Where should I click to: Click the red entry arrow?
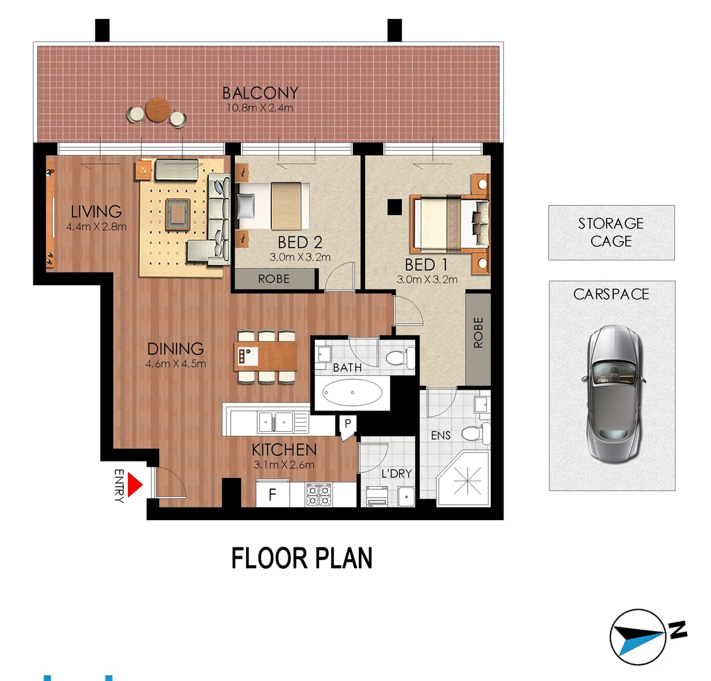(134, 485)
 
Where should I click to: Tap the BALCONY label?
(260, 93)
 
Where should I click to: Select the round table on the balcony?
(158, 110)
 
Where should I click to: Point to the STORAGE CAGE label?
(611, 232)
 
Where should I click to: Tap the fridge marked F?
(273, 494)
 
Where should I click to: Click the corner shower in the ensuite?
(466, 480)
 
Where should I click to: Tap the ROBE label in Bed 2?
(274, 279)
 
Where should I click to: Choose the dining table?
(266, 357)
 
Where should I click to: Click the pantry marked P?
(347, 424)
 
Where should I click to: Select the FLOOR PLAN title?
(302, 559)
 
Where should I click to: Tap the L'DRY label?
(396, 473)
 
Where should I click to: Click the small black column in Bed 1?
(395, 206)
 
